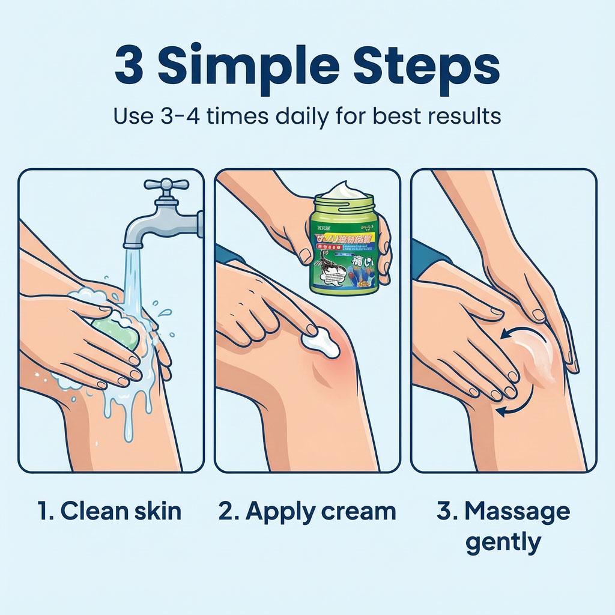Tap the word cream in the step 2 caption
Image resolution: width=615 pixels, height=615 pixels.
[360, 511]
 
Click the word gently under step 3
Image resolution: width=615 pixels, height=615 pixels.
[503, 542]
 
